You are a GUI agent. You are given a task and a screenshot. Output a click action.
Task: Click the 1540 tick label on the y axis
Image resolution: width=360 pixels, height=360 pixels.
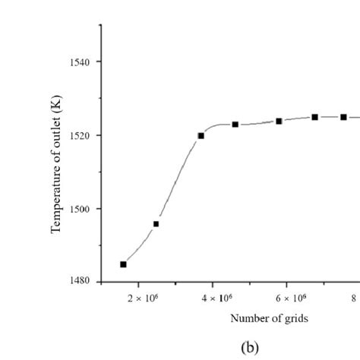[81, 62]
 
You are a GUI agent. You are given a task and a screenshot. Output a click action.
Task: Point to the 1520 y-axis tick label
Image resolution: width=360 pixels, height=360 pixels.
[81, 135]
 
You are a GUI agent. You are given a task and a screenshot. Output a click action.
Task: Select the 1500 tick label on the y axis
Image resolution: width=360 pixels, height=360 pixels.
[81, 209]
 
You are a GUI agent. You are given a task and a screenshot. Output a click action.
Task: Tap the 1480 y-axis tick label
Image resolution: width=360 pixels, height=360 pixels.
[81, 282]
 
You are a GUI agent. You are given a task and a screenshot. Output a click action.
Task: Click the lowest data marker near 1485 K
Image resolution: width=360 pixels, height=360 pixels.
[123, 264]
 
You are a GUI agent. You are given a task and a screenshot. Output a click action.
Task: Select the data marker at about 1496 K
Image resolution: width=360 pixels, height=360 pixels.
[156, 224]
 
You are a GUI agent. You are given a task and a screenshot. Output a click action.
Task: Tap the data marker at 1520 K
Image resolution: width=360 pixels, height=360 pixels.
[201, 136]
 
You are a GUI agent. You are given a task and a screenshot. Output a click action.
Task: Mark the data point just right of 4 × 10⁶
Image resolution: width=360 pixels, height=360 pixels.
[235, 124]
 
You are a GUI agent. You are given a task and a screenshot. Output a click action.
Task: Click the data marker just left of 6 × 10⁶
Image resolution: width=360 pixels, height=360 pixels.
[279, 121]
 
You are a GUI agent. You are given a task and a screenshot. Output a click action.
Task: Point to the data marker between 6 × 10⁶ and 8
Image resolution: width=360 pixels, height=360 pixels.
[314, 117]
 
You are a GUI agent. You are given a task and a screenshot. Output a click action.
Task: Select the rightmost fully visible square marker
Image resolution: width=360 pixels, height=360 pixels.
[343, 117]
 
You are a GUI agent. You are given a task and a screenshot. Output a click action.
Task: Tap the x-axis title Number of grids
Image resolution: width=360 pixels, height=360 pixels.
[269, 318]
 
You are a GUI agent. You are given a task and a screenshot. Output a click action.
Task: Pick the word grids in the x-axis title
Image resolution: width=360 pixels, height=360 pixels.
[295, 318]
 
